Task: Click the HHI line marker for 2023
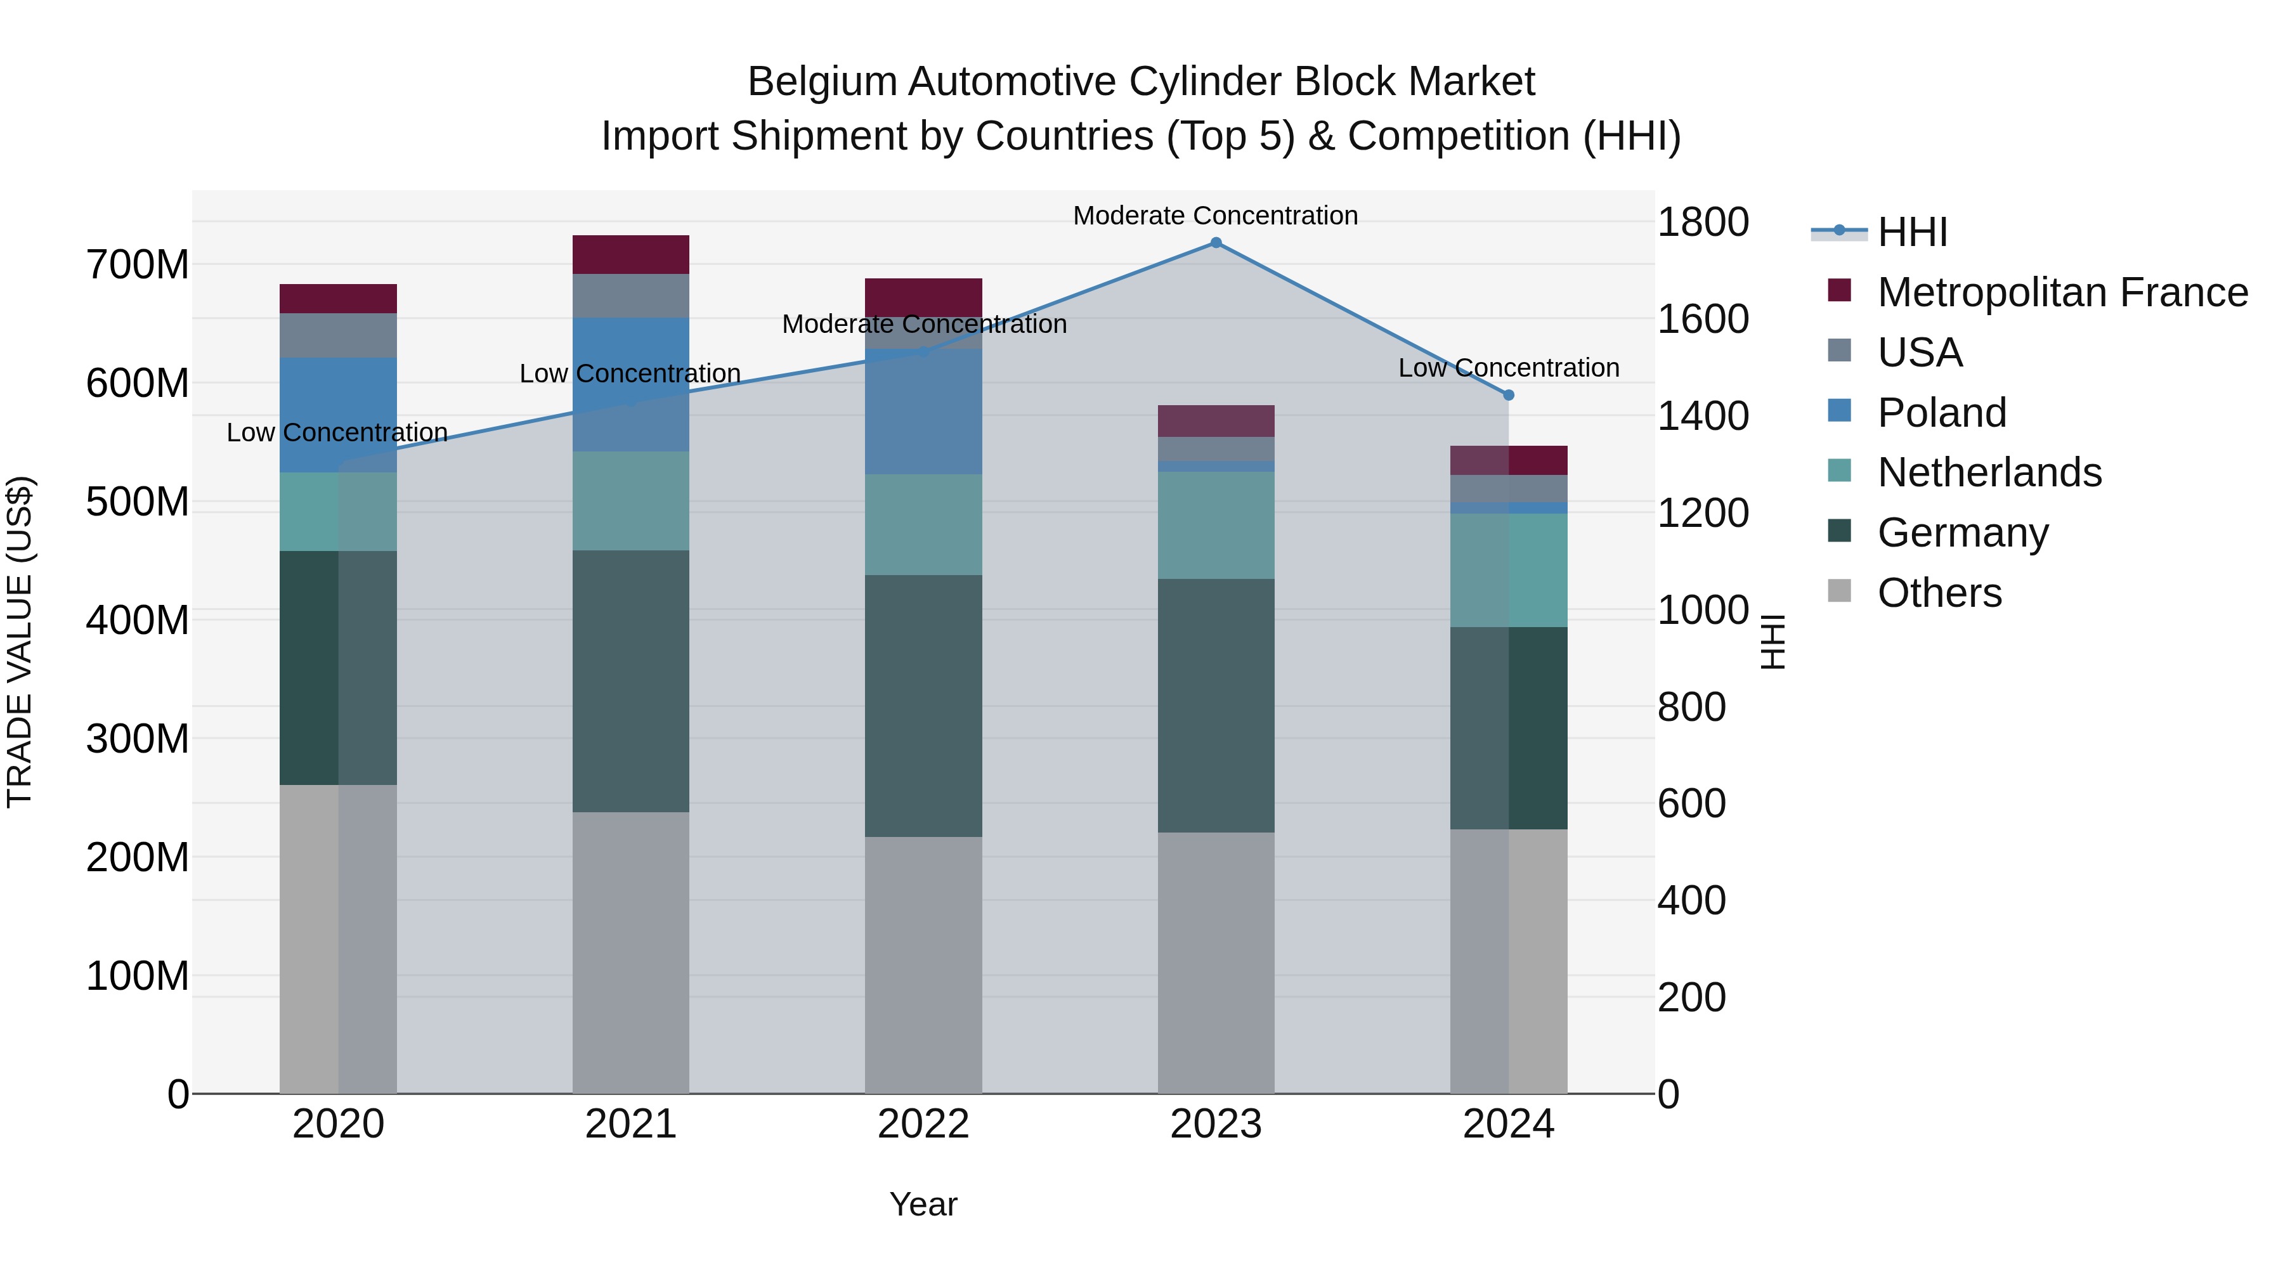click(1216, 243)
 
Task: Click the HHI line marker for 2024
click(1509, 395)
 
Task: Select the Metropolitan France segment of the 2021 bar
click(630, 254)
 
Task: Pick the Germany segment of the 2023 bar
click(1215, 705)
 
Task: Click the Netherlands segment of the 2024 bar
click(1509, 570)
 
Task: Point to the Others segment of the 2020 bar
click(337, 938)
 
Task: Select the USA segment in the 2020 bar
click(337, 335)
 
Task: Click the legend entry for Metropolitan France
click(2062, 292)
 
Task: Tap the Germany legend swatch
click(1840, 532)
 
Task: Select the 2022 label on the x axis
click(923, 1124)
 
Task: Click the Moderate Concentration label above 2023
click(1215, 216)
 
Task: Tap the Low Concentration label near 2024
click(1509, 368)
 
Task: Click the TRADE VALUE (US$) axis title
click(20, 642)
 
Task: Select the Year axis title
click(923, 1204)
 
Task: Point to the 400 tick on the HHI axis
click(1691, 900)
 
